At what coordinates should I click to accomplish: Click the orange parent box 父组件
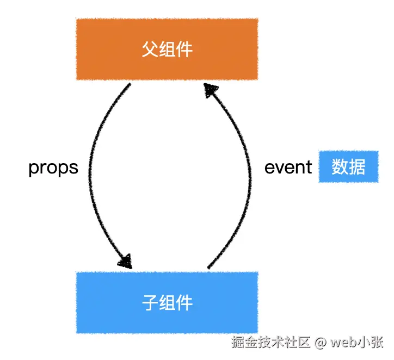click(x=167, y=49)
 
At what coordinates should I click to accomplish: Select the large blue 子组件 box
click(x=167, y=302)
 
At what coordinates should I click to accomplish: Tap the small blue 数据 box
click(x=348, y=167)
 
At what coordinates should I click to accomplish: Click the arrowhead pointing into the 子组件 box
click(x=126, y=261)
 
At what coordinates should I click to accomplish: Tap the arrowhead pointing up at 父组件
click(x=210, y=90)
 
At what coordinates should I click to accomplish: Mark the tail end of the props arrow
click(x=130, y=85)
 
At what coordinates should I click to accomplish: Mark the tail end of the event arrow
click(x=208, y=267)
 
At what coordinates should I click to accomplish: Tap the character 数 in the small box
click(x=340, y=167)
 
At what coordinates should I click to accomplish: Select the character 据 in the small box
click(x=356, y=167)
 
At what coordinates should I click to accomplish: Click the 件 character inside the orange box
click(x=184, y=49)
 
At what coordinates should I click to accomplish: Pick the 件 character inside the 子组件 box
click(x=184, y=302)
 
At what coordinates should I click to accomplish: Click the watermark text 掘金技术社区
click(x=270, y=343)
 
